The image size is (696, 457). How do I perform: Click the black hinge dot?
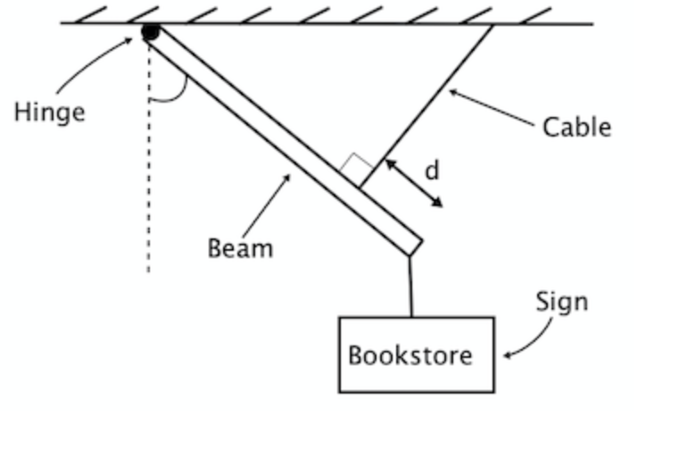coord(151,33)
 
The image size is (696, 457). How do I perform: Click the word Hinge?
coord(49,112)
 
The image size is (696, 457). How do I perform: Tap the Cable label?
coord(576,127)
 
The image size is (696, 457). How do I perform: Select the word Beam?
coord(240,247)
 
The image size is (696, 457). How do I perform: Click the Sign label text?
coord(561,302)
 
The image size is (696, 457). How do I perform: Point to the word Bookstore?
coord(410,355)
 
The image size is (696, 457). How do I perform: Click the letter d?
coord(431,170)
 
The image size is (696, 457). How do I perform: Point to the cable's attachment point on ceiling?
coord(493,25)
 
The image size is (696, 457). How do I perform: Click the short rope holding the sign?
coord(410,286)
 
